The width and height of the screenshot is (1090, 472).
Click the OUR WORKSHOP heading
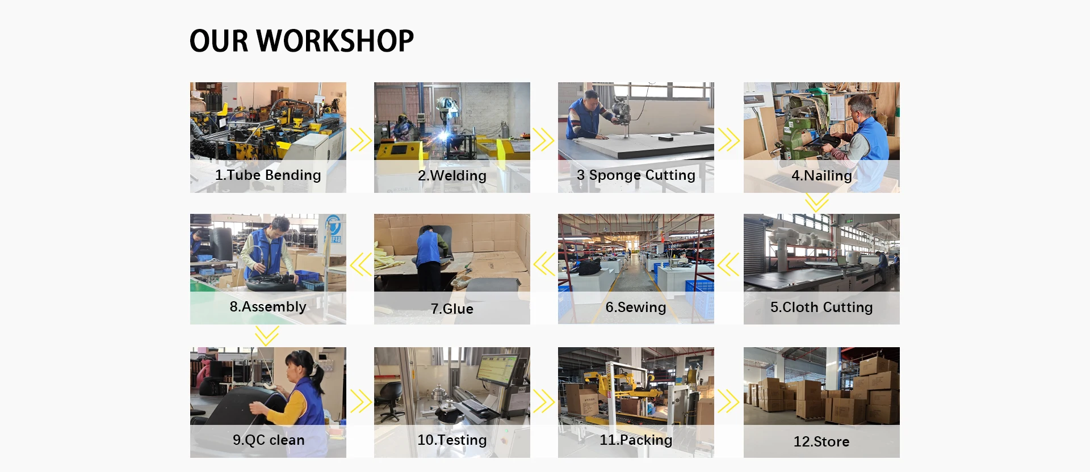pos(301,41)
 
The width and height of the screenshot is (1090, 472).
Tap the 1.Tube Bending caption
pos(268,175)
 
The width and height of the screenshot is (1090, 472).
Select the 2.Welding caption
pos(452,176)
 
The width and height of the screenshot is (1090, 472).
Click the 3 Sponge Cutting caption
pos(636,175)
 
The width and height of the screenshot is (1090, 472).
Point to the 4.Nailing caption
pos(821,176)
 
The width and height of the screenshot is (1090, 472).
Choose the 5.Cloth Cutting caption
pos(821,307)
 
